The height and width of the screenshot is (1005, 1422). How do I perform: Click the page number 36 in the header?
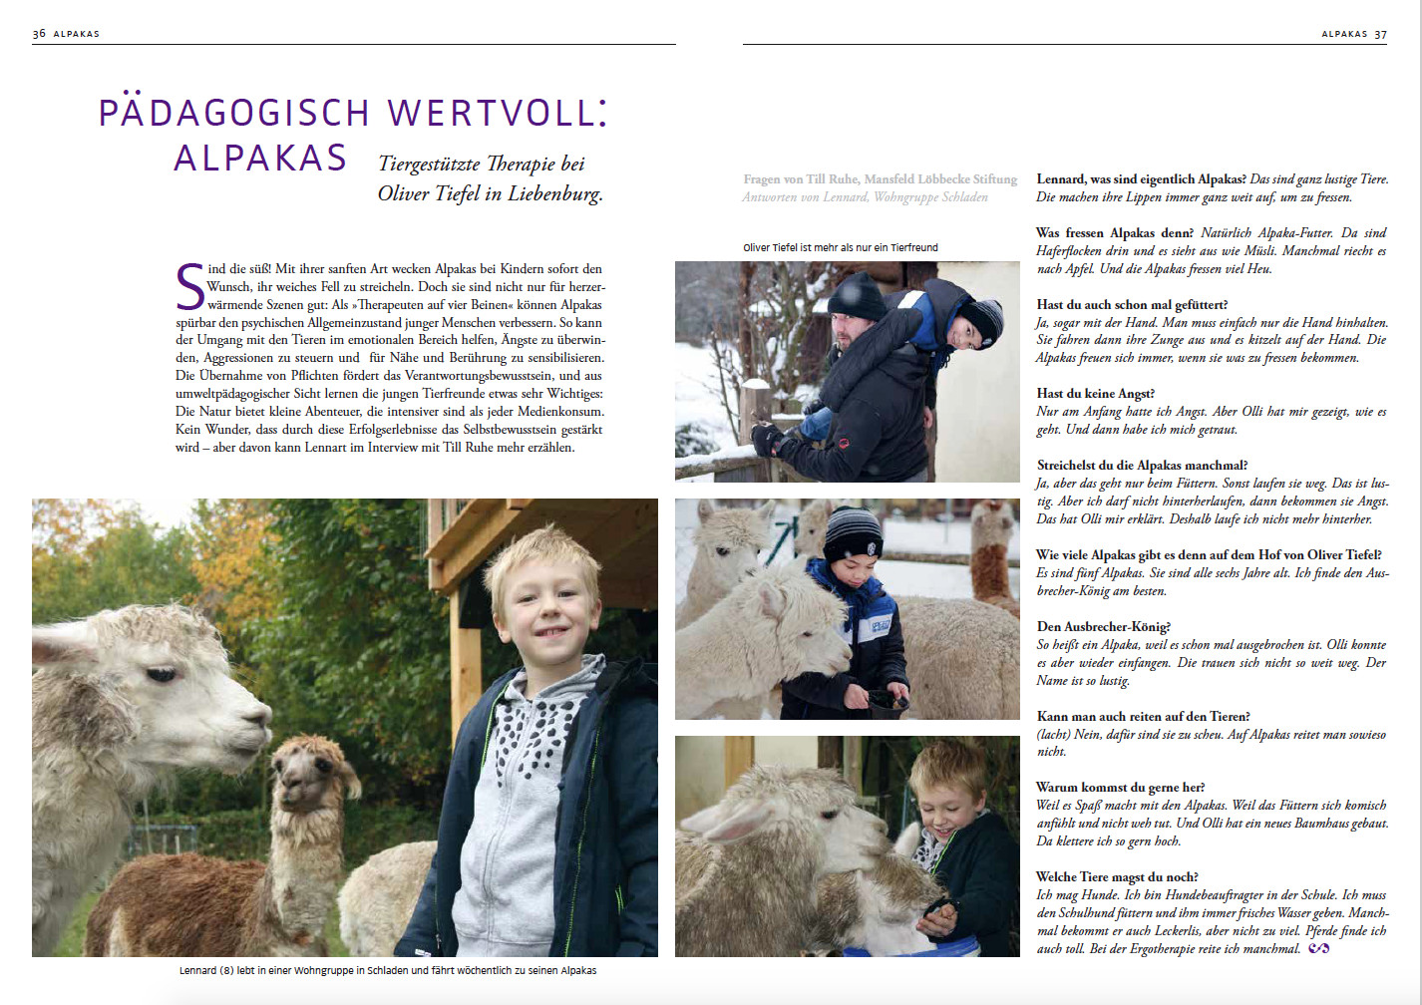point(39,34)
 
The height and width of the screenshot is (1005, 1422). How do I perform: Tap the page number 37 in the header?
point(1380,34)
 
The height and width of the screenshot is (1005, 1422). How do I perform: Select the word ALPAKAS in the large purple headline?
point(260,159)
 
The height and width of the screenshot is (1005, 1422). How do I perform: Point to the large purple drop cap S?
point(189,286)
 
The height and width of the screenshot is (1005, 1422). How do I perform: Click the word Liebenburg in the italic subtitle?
point(554,193)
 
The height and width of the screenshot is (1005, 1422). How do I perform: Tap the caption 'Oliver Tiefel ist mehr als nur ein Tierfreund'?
point(840,247)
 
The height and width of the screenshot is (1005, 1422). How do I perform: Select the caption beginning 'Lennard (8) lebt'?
point(388,970)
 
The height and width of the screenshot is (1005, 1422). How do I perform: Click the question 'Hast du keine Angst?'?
point(1095,394)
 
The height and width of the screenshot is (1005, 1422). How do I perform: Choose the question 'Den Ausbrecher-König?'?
point(1103,627)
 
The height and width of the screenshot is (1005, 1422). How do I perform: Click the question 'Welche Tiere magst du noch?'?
point(1117,877)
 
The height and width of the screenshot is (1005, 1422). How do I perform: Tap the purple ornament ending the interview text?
point(1318,948)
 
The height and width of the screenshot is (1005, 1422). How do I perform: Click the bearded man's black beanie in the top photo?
point(856,296)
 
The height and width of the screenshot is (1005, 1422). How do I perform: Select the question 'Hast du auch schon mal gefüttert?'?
point(1132,305)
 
